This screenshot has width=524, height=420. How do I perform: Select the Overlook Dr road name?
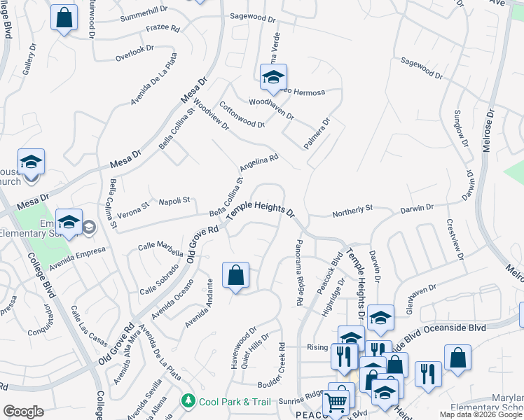pos(134,50)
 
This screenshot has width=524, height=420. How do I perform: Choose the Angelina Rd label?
pos(259,163)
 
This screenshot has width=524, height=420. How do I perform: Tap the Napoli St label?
pos(174,201)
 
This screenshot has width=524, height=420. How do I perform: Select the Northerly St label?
pos(352,208)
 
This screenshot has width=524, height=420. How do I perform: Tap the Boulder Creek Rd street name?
pos(282,361)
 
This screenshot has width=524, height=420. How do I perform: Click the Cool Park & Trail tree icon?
pos(188,401)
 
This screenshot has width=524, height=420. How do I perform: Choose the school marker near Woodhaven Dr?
pos(273,76)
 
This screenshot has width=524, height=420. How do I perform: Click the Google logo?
pos(23,412)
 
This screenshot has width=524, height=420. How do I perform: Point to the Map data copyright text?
pos(480,414)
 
